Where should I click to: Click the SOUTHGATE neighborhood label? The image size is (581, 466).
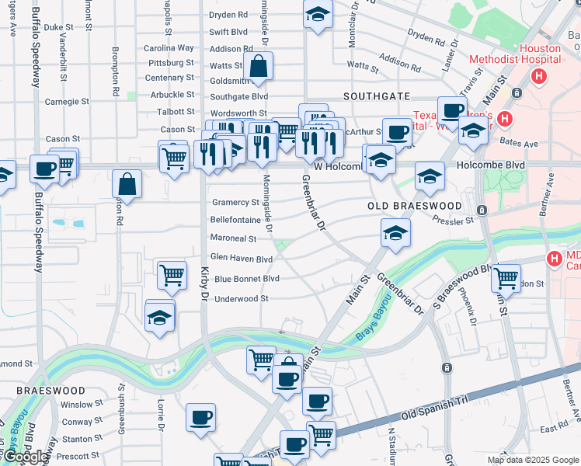(377, 96)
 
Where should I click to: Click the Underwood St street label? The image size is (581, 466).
(241, 298)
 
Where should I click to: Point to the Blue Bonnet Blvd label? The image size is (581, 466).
(246, 279)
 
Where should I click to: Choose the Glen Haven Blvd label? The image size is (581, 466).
(242, 259)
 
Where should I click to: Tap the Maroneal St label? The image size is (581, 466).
(233, 238)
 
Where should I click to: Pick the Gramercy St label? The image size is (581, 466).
(235, 202)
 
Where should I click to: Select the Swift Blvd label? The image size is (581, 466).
(228, 33)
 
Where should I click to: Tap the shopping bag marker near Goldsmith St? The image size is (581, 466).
(259, 68)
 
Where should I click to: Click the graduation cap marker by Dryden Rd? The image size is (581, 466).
(317, 16)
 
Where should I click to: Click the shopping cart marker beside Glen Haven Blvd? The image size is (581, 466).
(172, 274)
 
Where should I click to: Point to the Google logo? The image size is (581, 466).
(26, 457)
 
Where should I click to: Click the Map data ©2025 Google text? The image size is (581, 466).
(532, 460)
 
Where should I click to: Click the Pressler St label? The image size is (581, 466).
(454, 221)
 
